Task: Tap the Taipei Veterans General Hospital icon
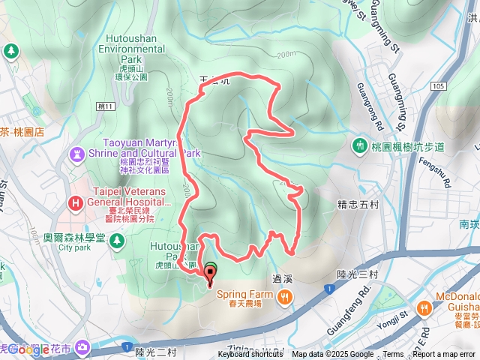pyautogui.click(x=75, y=202)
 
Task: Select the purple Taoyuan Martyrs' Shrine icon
pyautogui.click(x=78, y=155)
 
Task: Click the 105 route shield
pyautogui.click(x=439, y=87)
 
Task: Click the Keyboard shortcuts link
pyautogui.click(x=250, y=355)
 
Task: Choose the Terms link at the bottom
pyautogui.click(x=393, y=355)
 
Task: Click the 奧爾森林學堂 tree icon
pyautogui.click(x=117, y=240)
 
